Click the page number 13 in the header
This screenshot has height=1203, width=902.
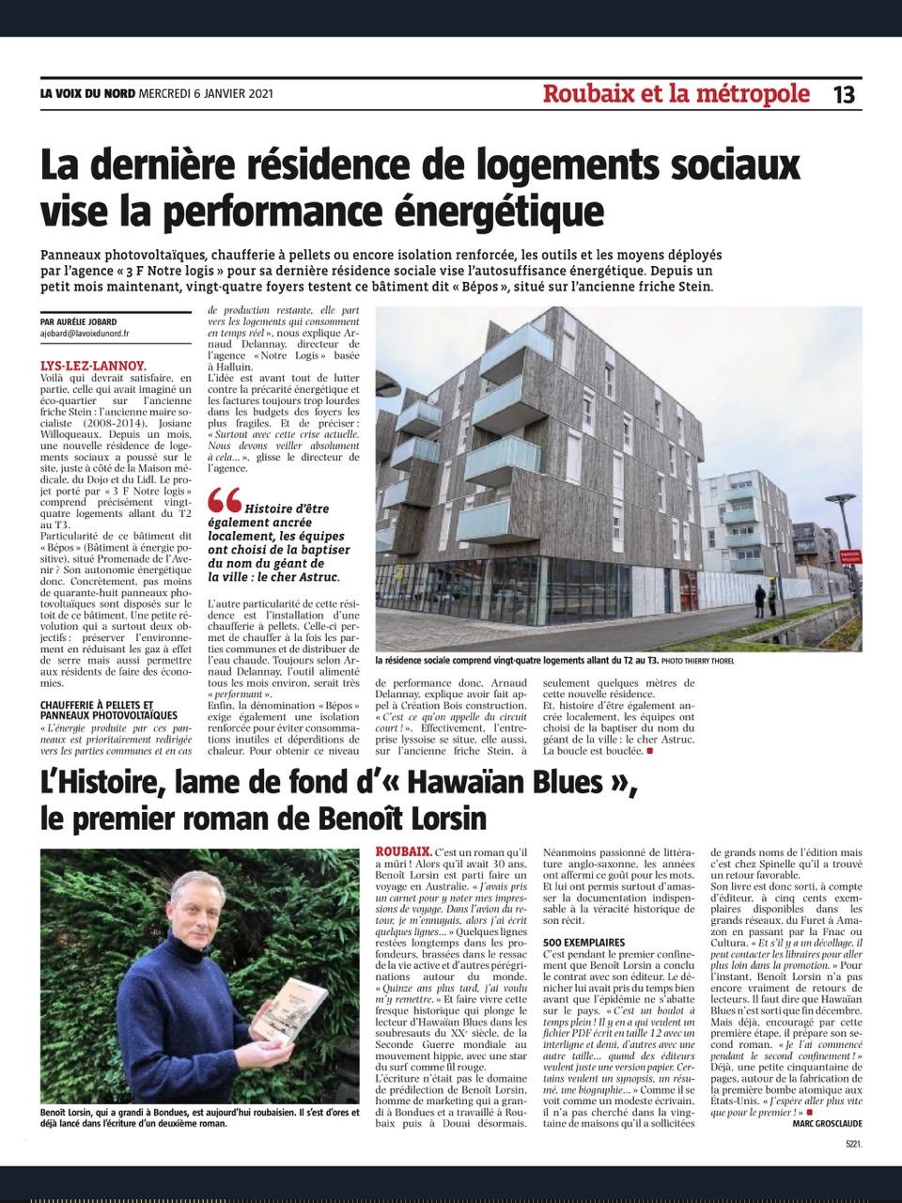tap(843, 95)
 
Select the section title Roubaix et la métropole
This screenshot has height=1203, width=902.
tap(676, 95)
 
